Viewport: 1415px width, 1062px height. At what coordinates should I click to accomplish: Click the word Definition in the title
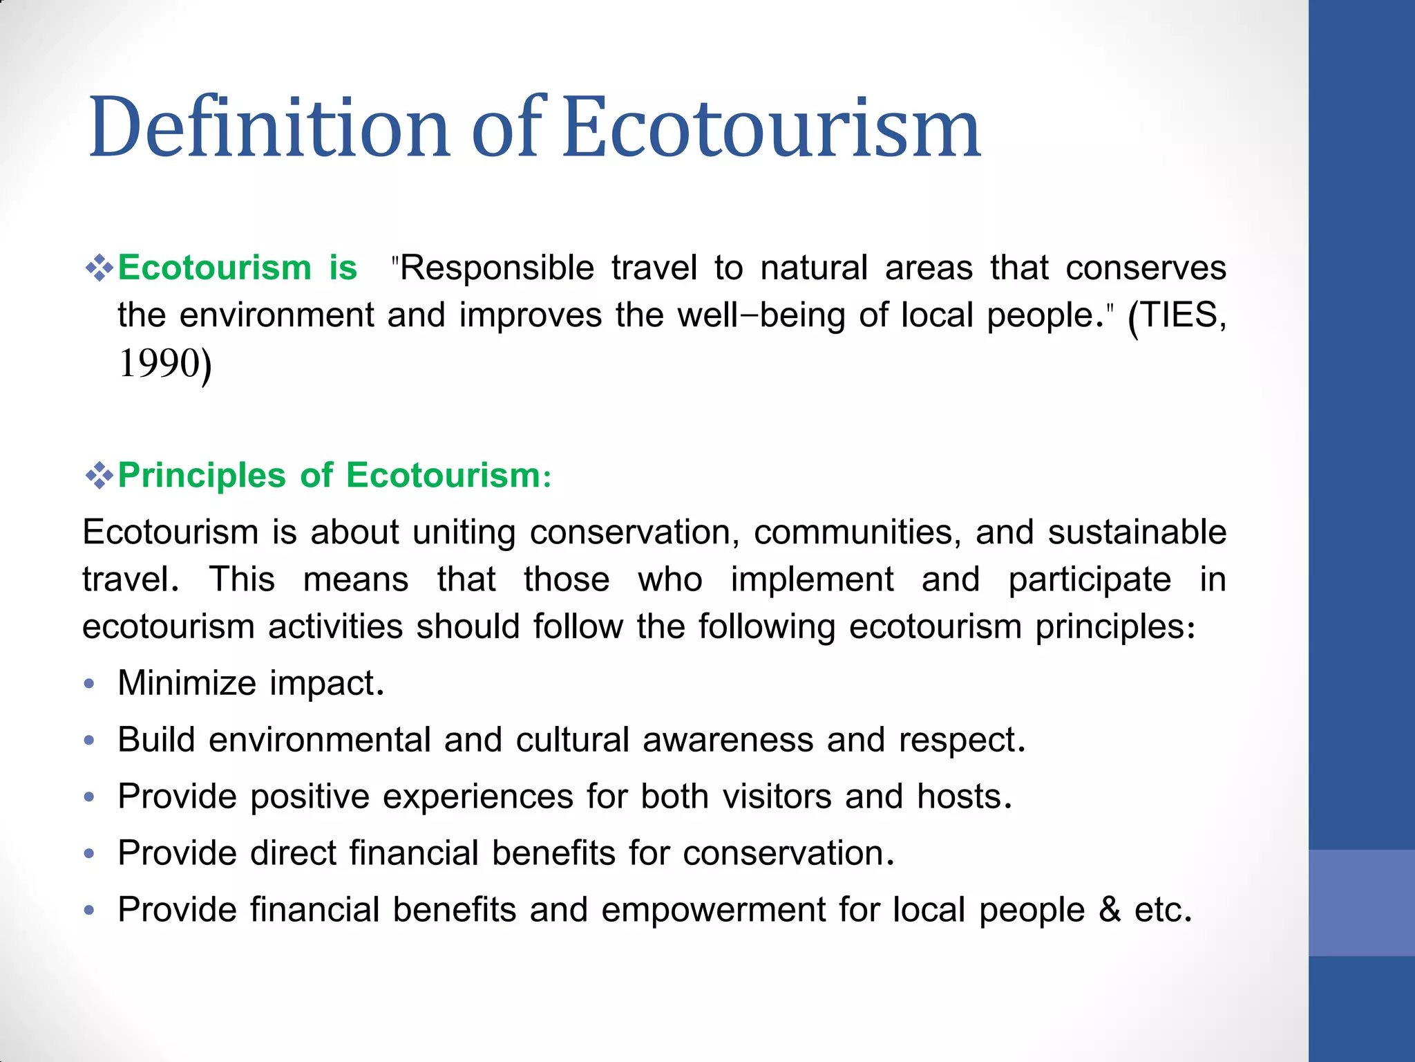pyautogui.click(x=269, y=128)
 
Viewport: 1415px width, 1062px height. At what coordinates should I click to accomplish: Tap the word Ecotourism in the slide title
pyautogui.click(x=770, y=128)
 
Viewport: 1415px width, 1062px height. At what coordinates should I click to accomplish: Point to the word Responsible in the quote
pyautogui.click(x=497, y=268)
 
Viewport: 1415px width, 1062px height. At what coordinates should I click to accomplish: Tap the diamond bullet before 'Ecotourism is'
pyautogui.click(x=99, y=268)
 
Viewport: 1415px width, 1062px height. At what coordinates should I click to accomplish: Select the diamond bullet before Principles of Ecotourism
pyautogui.click(x=99, y=476)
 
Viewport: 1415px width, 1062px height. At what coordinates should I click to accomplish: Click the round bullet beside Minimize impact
pyautogui.click(x=88, y=684)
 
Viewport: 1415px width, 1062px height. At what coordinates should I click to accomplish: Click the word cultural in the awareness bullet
pyautogui.click(x=572, y=740)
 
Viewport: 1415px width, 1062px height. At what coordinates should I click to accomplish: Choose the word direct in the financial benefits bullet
pyautogui.click(x=293, y=853)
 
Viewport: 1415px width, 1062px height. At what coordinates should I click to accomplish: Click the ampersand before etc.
pyautogui.click(x=1110, y=910)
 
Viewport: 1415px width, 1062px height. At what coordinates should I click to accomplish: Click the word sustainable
pyautogui.click(x=1137, y=532)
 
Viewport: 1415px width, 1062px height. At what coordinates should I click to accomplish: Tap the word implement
pyautogui.click(x=812, y=580)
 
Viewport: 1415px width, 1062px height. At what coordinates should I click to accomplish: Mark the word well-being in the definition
pyautogui.click(x=761, y=315)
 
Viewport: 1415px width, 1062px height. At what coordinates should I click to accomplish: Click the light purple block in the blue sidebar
pyautogui.click(x=1361, y=902)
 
